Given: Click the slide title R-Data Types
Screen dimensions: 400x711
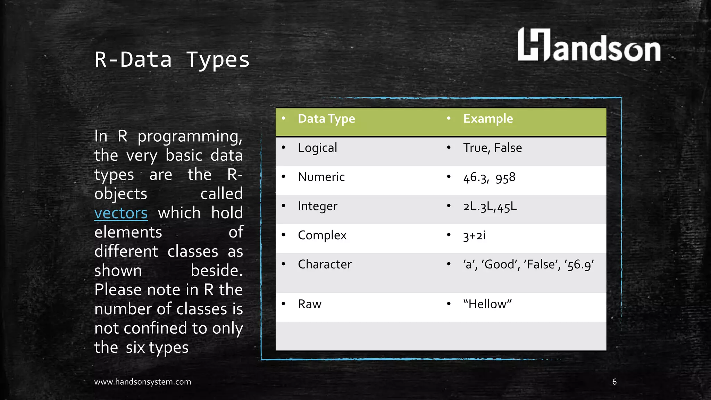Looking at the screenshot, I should [172, 60].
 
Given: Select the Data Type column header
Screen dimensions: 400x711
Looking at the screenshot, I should [326, 119].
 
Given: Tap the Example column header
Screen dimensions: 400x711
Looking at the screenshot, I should [488, 119].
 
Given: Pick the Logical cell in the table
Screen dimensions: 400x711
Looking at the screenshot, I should [317, 148].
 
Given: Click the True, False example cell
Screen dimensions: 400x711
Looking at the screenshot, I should [492, 148].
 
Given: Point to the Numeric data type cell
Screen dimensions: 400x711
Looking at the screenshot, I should [321, 177].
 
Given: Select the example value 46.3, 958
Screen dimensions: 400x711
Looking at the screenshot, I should [489, 178].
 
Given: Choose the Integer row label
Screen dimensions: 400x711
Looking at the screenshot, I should [317, 206].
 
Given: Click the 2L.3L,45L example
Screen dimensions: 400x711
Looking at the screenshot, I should [490, 207].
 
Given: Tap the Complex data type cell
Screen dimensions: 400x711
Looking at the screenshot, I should [322, 235].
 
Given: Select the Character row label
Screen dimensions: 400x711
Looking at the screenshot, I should [325, 265].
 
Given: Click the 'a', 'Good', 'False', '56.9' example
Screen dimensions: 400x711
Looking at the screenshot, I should [528, 265].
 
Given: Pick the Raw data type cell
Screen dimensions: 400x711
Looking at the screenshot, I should [309, 304].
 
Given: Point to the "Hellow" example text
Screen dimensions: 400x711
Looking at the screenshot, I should [487, 304].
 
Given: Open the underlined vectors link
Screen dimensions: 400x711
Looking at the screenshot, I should [121, 213].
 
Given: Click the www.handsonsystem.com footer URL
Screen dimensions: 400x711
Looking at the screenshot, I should [142, 382].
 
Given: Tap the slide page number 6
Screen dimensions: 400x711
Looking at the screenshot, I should [614, 382].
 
